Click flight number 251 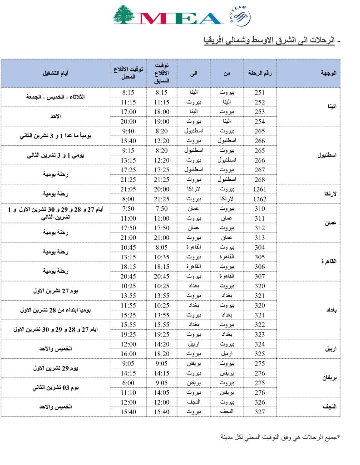[x=260, y=92]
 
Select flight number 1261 [x=260, y=189]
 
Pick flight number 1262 [x=260, y=199]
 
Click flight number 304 [x=260, y=247]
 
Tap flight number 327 [x=260, y=412]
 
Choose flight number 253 [x=260, y=112]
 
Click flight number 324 [x=260, y=344]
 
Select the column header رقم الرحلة [x=260, y=72]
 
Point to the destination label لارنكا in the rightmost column [x=332, y=194]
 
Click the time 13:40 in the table [x=128, y=140]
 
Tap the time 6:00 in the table [x=128, y=383]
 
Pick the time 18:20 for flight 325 [x=162, y=354]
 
